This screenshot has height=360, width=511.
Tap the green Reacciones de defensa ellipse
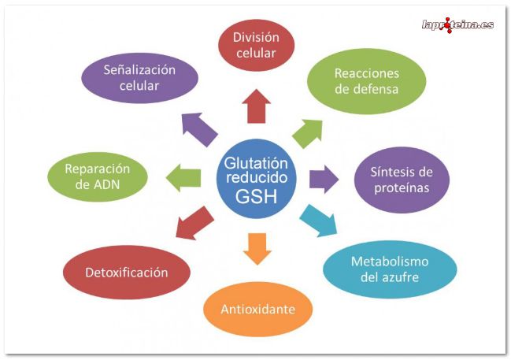366,81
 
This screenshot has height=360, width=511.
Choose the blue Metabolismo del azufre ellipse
389,269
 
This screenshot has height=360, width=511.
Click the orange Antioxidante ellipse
258,309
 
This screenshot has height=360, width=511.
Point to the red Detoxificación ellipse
126,273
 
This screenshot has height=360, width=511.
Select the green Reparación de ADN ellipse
97,176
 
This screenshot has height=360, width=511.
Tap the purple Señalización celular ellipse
139,77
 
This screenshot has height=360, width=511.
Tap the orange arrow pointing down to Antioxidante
257,247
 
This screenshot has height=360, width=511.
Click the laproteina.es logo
457,24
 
